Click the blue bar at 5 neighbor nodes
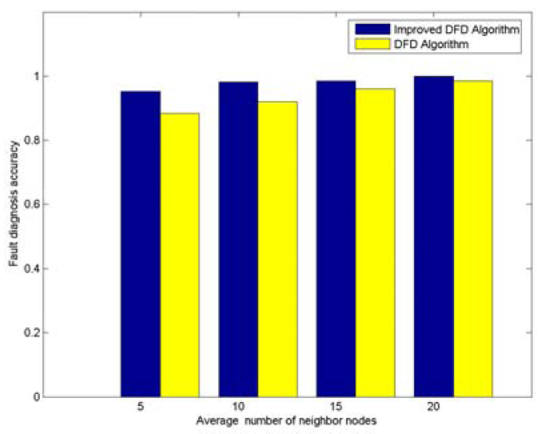pyautogui.click(x=141, y=244)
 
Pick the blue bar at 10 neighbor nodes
pyautogui.click(x=238, y=239)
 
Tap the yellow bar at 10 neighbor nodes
pyautogui.click(x=277, y=249)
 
